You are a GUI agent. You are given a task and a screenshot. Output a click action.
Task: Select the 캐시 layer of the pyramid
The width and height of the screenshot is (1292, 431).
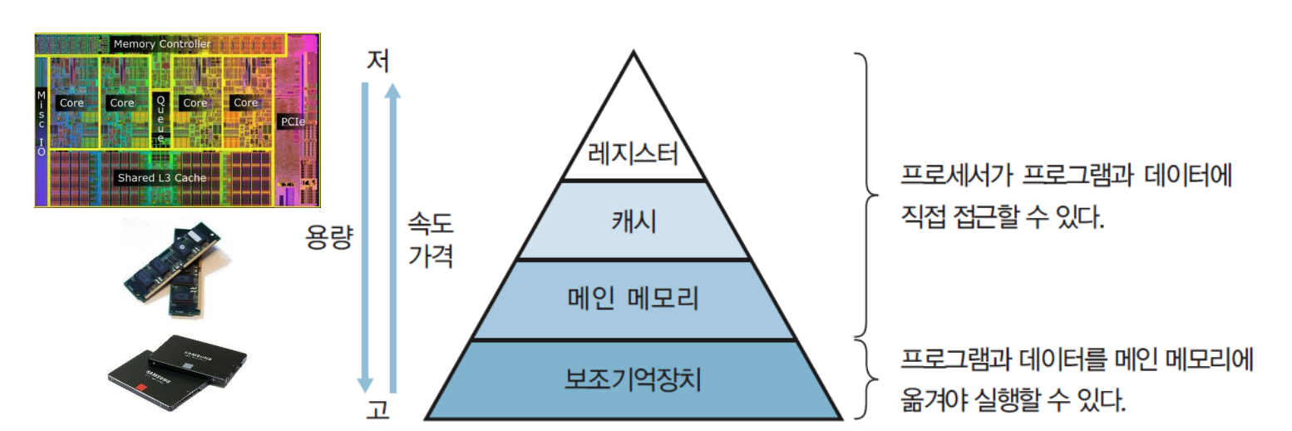634,222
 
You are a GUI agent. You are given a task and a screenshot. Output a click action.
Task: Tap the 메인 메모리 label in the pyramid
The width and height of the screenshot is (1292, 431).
634,299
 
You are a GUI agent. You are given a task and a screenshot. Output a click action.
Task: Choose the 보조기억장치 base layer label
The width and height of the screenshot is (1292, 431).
634,380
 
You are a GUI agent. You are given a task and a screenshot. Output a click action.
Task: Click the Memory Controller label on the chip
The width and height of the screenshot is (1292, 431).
162,43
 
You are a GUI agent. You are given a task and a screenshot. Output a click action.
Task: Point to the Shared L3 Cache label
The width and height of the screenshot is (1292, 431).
161,177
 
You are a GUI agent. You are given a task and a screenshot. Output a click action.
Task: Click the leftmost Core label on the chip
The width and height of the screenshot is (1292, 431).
72,102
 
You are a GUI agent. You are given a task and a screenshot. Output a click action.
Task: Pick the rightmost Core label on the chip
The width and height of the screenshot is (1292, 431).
245,102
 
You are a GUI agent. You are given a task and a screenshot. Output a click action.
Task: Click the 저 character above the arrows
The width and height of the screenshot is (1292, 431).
379,61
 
